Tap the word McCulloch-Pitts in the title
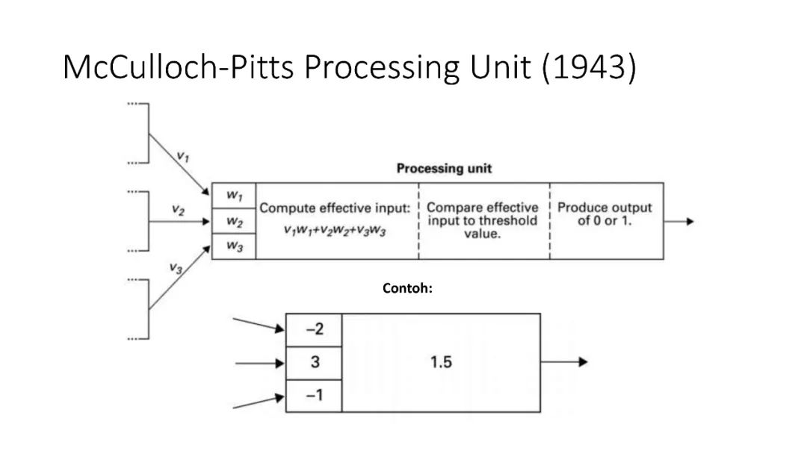point(179,67)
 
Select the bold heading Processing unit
point(444,168)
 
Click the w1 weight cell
point(234,196)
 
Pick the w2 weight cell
point(234,222)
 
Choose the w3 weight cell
point(234,247)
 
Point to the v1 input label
point(182,157)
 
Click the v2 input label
point(177,210)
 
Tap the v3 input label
point(176,268)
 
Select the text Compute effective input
point(335,208)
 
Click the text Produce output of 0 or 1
point(605,214)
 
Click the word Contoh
point(407,287)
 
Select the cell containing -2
point(315,329)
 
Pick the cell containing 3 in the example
point(315,363)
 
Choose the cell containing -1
point(315,395)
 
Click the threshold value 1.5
point(441,363)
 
